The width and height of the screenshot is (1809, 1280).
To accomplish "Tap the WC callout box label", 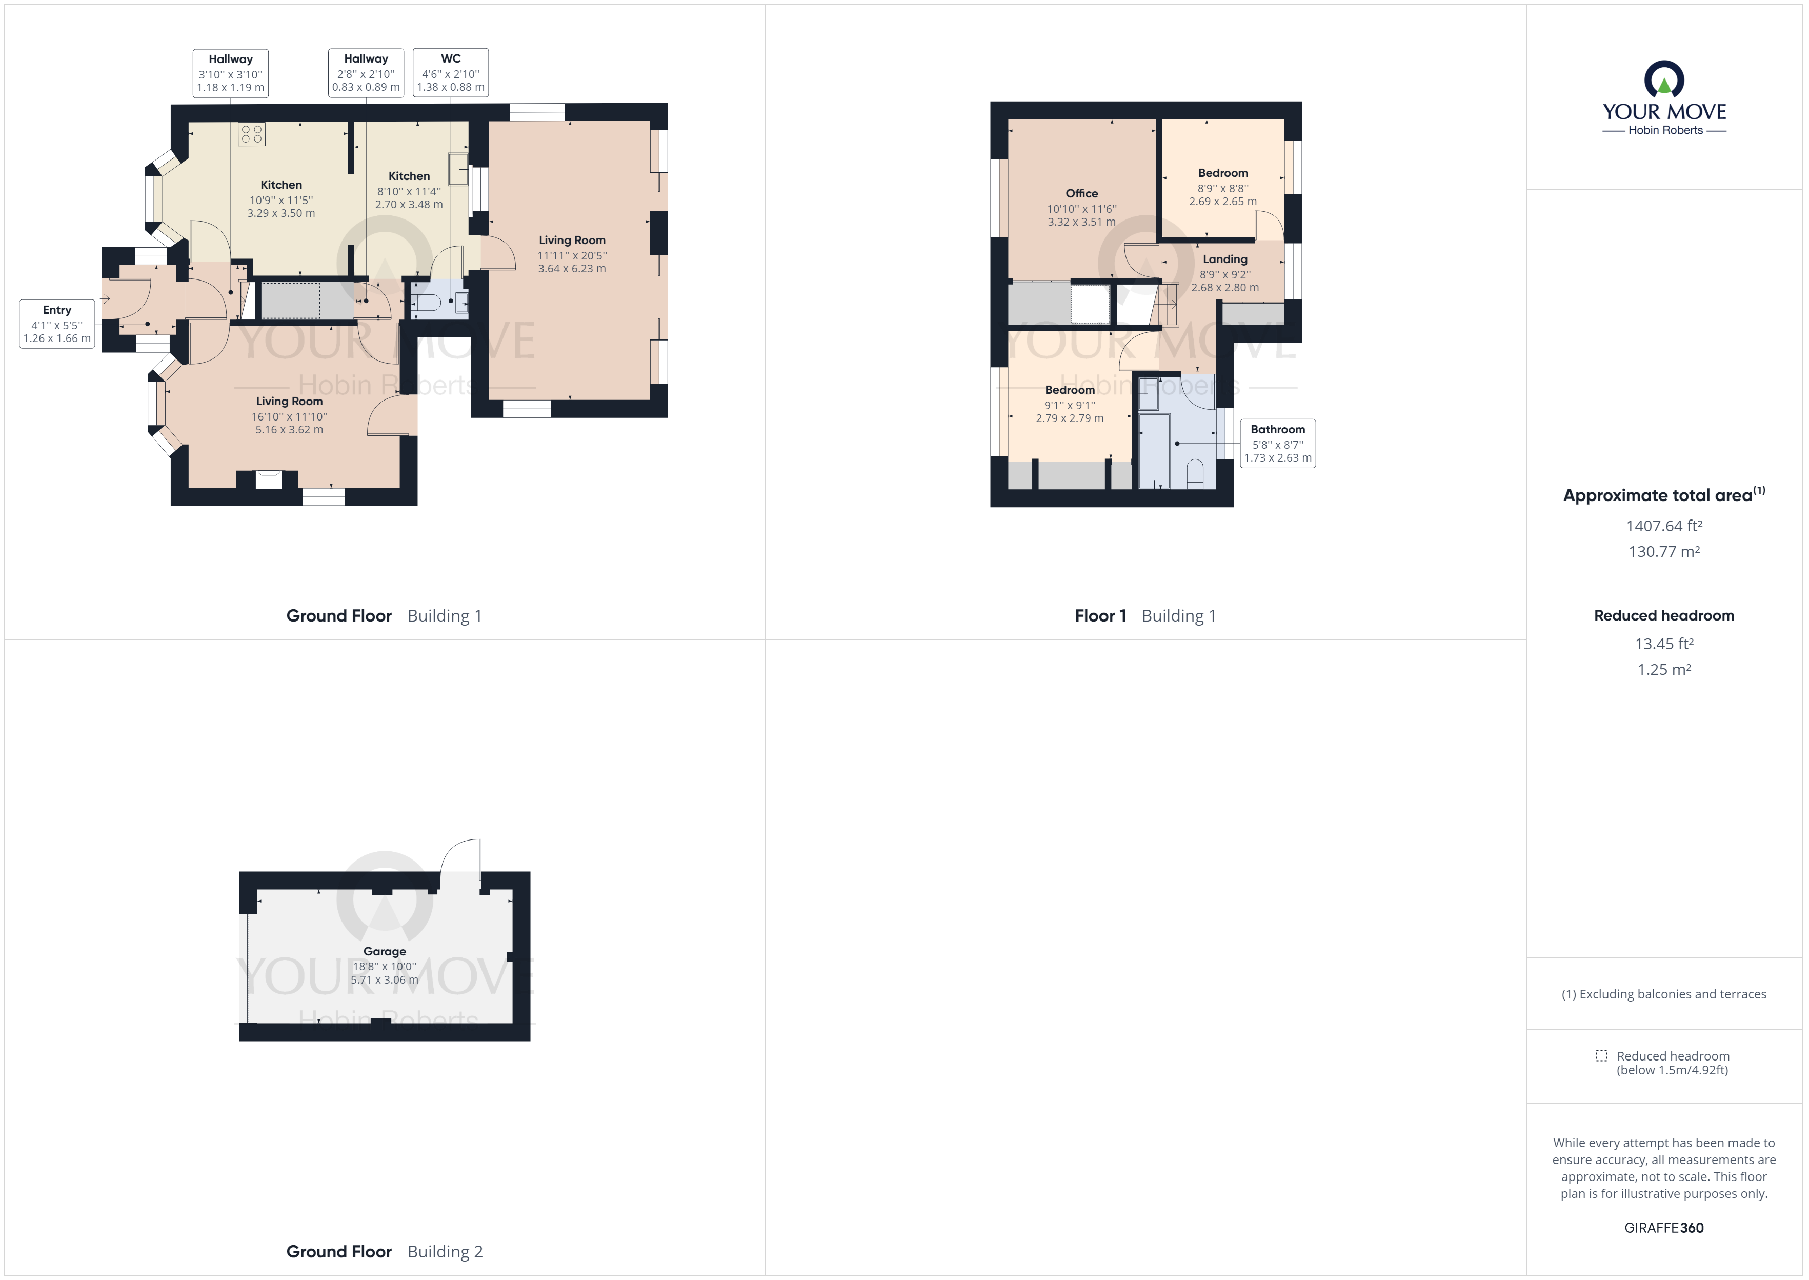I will (x=451, y=72).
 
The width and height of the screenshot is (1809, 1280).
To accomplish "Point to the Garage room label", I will (x=385, y=951).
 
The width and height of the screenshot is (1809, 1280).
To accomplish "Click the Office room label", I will (x=1081, y=193).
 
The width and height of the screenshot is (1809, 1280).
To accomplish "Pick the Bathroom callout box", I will (x=1277, y=443).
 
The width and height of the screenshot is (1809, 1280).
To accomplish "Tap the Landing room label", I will (x=1224, y=258).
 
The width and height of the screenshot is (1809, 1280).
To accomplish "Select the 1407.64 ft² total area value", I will (x=1664, y=526).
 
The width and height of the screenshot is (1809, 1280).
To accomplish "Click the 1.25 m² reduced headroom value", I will (x=1664, y=669).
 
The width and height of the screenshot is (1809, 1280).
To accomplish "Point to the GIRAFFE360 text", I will (x=1664, y=1227).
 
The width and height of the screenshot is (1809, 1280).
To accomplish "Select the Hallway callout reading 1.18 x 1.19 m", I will (x=231, y=72).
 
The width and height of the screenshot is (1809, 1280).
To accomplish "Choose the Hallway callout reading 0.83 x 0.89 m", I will (x=366, y=72).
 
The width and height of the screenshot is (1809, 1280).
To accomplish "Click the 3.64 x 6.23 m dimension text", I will (x=572, y=269).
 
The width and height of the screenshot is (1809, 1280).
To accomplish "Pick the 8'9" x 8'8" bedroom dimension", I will (x=1223, y=188).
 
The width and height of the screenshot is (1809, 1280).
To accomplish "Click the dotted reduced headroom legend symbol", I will (x=1601, y=1055).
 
